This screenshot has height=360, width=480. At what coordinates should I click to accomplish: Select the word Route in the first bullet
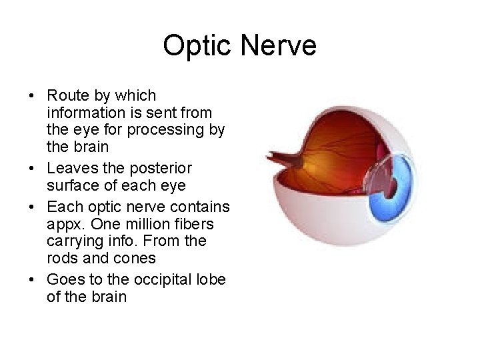pos(67,95)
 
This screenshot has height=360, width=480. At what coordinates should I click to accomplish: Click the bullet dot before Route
pos(32,95)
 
